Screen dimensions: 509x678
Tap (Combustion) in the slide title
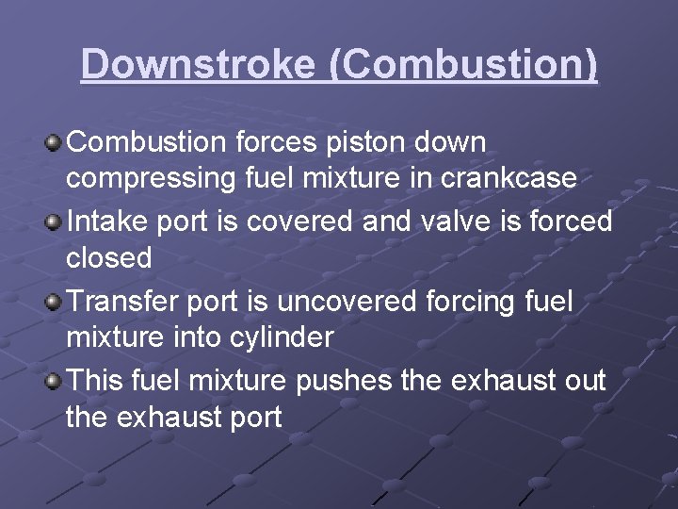(x=463, y=64)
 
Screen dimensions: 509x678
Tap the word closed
(x=108, y=256)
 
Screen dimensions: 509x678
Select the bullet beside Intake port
(x=55, y=223)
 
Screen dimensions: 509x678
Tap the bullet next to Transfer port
(x=55, y=304)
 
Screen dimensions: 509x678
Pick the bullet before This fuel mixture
(x=55, y=383)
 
